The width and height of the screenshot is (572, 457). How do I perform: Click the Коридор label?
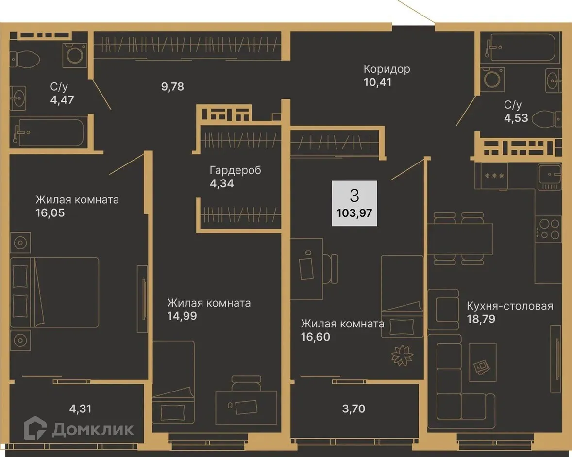[387, 69]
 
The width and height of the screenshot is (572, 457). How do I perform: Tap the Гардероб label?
[235, 170]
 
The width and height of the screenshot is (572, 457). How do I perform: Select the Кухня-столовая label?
[510, 306]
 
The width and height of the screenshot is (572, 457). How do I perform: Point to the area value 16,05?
[50, 212]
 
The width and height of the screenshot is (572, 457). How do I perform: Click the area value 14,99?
[182, 316]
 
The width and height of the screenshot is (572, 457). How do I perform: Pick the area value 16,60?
[315, 337]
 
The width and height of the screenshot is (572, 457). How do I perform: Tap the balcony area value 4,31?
[80, 408]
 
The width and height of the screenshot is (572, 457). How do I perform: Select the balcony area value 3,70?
[353, 409]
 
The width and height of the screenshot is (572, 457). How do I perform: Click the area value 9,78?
[172, 87]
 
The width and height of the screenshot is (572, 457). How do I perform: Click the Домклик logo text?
[92, 429]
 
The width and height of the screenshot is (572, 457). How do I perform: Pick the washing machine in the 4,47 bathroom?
[75, 54]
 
